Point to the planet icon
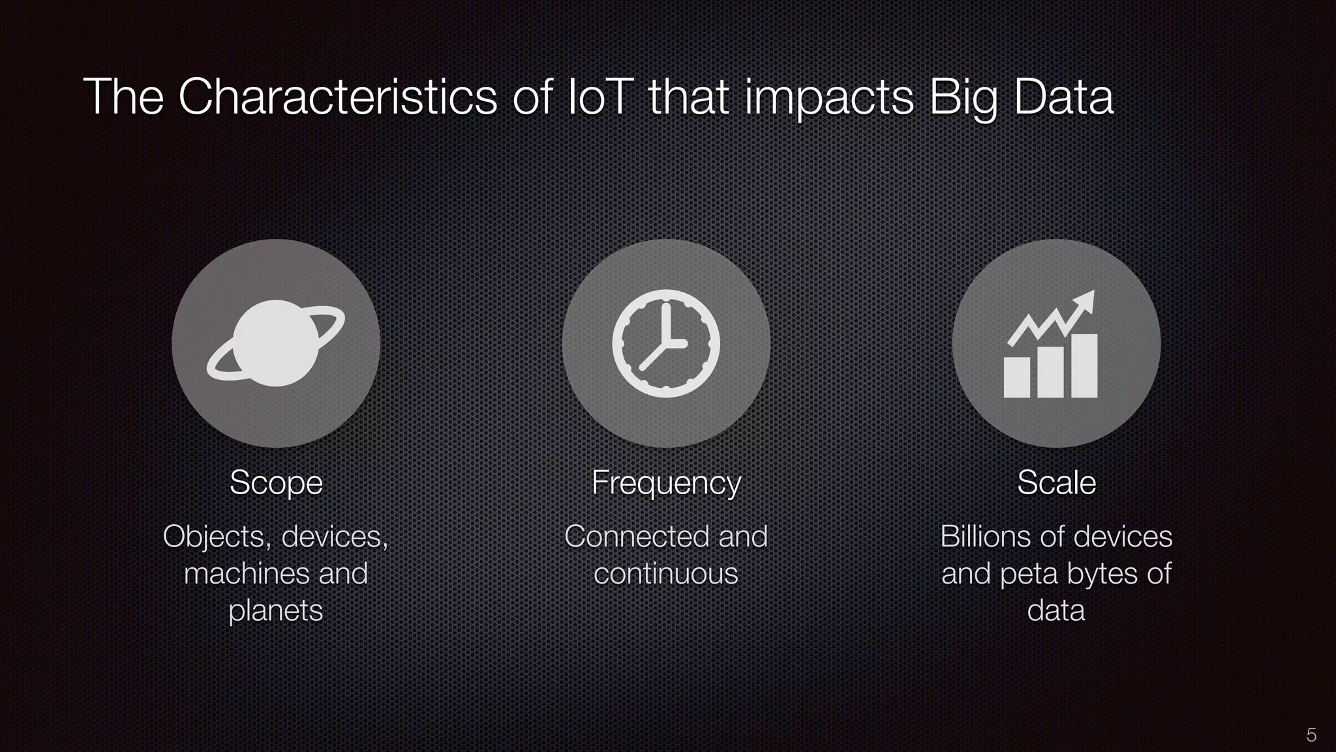coord(276,343)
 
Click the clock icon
coord(666,343)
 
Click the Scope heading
coord(276,483)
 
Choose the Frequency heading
coord(666,483)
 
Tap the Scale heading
coord(1056,483)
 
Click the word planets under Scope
coord(276,611)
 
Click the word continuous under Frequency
coord(666,574)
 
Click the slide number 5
coord(1311,735)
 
